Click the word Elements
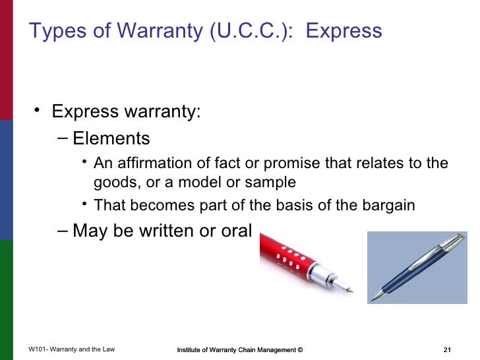point(111,138)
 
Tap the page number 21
point(448,349)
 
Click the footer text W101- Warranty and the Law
point(72,349)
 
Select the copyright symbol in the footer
point(300,349)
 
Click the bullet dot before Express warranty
point(38,109)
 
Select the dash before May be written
point(62,231)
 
